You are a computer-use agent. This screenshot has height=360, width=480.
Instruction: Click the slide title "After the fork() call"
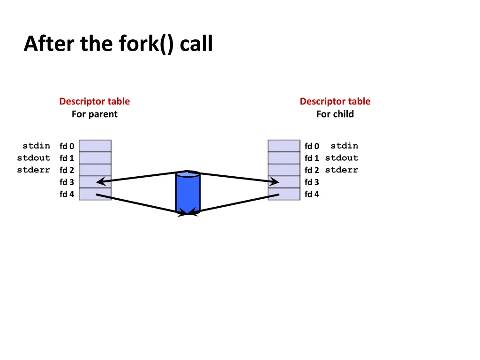tap(118, 44)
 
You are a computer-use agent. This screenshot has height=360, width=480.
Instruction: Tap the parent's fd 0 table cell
tap(95, 146)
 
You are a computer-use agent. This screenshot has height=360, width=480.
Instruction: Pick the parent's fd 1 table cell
tap(95, 158)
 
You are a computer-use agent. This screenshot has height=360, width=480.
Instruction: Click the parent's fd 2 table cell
tap(95, 170)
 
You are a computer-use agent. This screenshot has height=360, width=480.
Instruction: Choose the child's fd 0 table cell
tap(284, 146)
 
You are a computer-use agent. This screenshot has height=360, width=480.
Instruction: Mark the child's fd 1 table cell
tap(284, 158)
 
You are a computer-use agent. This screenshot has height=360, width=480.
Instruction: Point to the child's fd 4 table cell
tap(284, 194)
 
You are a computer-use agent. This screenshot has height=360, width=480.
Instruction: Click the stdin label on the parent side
tap(36, 146)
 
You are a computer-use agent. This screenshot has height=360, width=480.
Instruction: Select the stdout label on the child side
tap(341, 158)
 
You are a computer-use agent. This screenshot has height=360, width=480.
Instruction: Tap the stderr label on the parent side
tap(33, 170)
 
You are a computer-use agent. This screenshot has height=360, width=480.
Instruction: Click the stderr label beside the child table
tap(341, 170)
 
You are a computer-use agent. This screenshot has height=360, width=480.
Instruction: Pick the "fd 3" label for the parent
tap(67, 182)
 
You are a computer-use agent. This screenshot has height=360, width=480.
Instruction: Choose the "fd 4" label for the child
tap(312, 195)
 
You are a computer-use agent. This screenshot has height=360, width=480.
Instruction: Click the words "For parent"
tap(94, 114)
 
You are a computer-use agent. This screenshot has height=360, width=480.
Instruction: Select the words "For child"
tap(335, 114)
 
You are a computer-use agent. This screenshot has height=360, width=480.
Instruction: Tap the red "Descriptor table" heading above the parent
tap(94, 101)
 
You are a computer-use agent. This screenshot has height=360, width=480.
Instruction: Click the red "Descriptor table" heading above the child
tap(335, 101)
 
